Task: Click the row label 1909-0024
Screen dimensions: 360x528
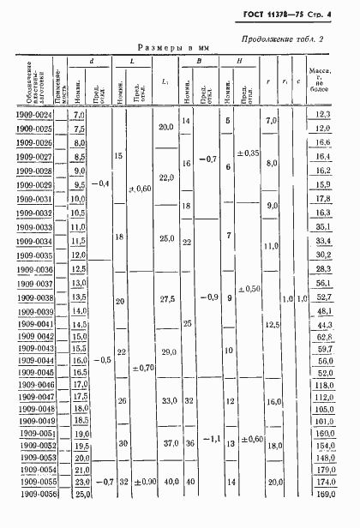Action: pos(34,115)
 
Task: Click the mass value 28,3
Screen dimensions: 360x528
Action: pos(324,268)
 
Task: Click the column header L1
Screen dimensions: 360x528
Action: pos(165,82)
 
